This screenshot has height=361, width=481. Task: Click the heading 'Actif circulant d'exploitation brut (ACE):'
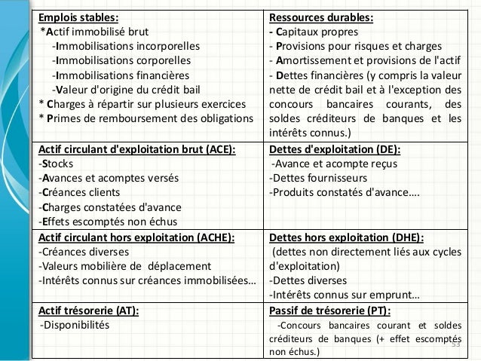point(136,150)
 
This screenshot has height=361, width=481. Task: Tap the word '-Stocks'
point(57,164)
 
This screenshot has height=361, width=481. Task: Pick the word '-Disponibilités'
point(73,325)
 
